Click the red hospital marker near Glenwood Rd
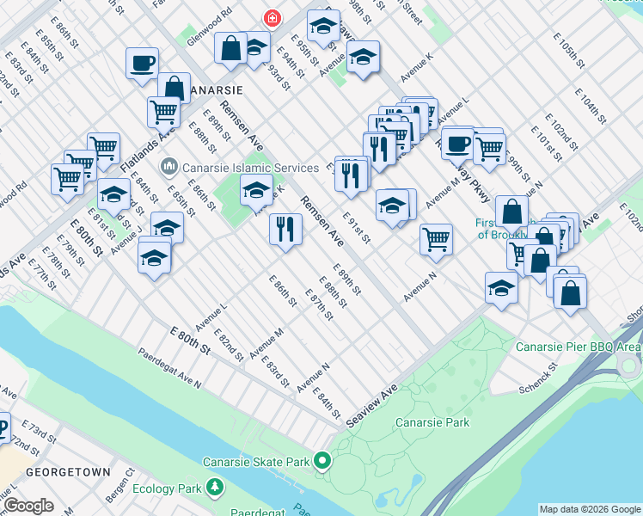tap(272, 18)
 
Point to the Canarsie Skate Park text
tap(256, 462)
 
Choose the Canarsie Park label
tap(432, 422)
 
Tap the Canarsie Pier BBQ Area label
tap(578, 347)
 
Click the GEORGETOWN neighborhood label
tap(68, 472)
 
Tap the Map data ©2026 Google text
tap(590, 509)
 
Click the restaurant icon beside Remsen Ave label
tap(285, 229)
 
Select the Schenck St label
tap(539, 378)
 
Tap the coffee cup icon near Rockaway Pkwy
tap(457, 143)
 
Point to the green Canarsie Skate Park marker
tap(322, 462)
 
